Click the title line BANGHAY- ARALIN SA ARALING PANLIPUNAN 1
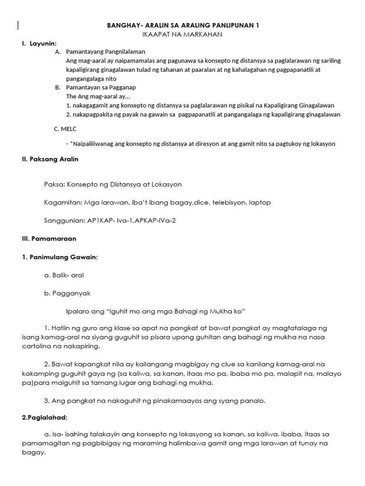coord(182,25)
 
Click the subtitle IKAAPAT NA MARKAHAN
coord(182,34)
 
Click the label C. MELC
coord(65,129)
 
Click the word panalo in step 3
coord(253,400)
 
